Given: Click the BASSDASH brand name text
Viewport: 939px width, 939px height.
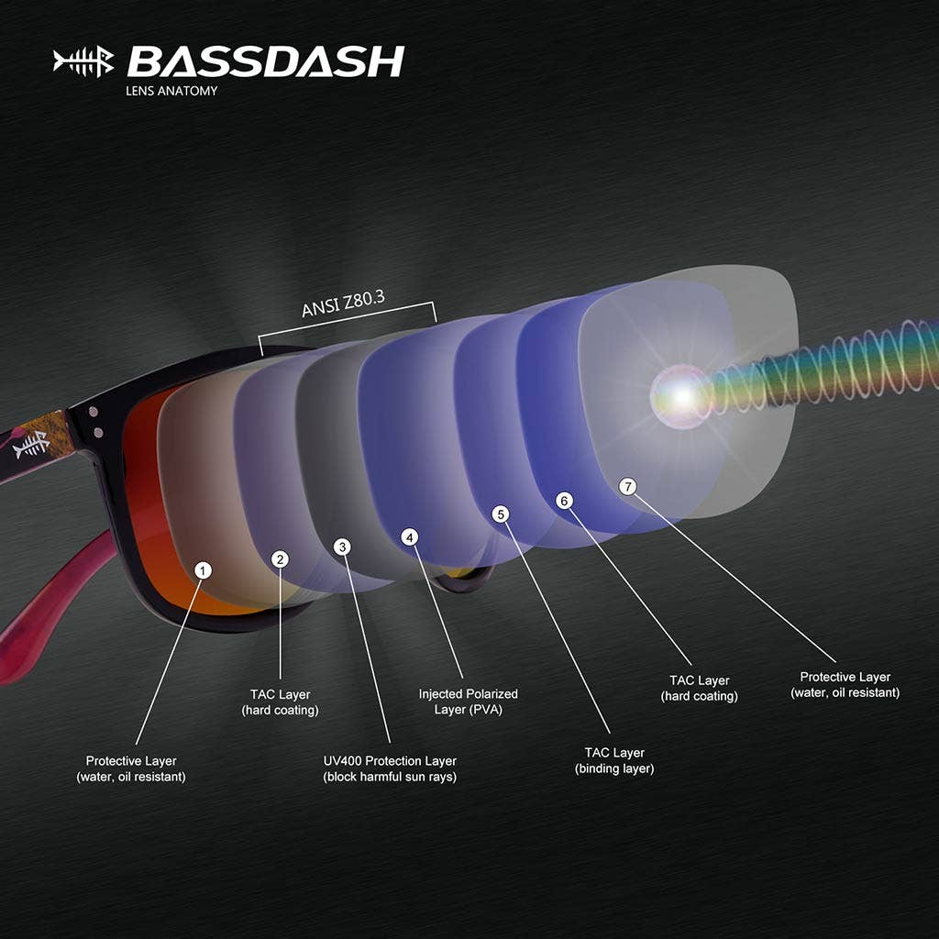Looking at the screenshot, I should click(265, 61).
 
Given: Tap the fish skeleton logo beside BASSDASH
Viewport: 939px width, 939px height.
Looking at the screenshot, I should click(83, 62).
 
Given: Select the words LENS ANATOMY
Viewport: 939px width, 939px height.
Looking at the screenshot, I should click(171, 91).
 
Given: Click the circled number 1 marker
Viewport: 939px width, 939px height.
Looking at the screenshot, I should click(204, 570).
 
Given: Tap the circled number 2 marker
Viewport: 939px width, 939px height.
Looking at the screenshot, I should click(282, 558).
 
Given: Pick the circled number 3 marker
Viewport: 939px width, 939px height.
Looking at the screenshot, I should click(342, 547).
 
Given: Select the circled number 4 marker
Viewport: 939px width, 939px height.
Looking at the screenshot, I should click(410, 536).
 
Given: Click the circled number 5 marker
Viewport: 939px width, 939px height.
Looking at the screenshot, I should click(500, 514).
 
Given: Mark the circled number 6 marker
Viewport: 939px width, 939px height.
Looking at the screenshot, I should click(564, 501).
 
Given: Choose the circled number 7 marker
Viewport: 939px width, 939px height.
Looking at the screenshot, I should click(627, 487).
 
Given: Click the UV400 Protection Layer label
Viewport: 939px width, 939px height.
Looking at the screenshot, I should click(390, 768).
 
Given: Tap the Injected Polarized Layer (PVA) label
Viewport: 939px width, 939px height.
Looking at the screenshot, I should click(468, 701).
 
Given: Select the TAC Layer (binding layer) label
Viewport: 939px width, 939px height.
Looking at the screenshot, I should click(614, 760).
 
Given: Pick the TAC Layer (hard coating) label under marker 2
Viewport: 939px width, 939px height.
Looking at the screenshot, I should click(280, 702).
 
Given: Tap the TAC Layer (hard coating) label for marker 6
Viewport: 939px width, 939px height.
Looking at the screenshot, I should click(700, 688).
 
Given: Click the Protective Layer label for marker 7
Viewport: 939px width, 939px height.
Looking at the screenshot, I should click(845, 685).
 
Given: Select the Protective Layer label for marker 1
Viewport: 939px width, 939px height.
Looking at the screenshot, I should click(131, 768).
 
